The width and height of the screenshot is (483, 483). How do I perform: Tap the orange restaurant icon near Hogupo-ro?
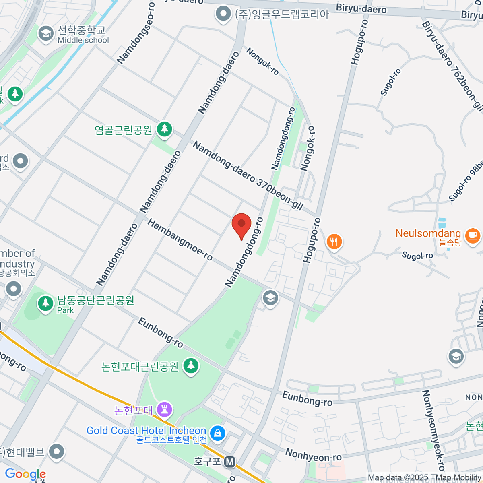point(334,242)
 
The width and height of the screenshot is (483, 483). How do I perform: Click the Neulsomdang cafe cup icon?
point(473,235)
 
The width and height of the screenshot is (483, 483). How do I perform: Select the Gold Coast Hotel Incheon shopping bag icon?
point(218,433)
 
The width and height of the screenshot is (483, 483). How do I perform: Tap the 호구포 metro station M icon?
point(230,462)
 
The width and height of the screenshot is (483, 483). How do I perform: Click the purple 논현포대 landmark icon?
point(164,410)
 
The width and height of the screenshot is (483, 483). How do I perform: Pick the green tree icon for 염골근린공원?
point(164,129)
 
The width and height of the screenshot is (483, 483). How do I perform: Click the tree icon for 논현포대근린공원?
point(191,366)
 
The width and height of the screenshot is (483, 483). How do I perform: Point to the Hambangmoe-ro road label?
point(180,240)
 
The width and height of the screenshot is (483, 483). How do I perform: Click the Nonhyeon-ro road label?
point(314,455)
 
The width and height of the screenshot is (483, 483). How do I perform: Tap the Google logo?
point(25,475)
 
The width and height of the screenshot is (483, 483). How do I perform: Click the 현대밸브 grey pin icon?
point(57,451)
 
